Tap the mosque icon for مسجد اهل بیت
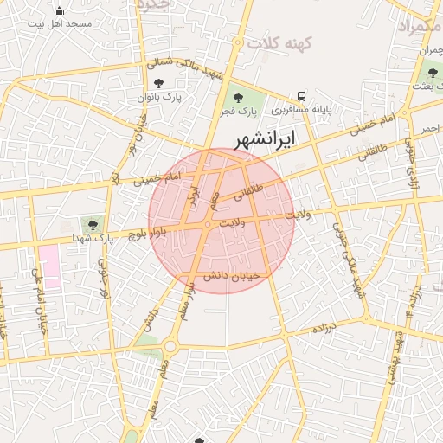point(59,11)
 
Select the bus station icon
point(302,96)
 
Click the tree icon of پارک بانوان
point(157,83)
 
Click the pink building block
point(49,266)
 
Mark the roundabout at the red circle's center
point(208,225)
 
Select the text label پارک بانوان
point(157,98)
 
